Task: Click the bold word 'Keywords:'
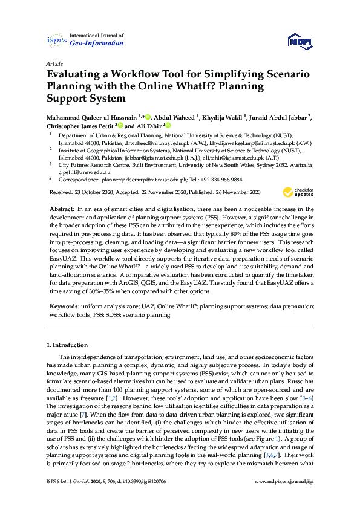(x=64, y=306)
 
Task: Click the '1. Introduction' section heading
(x=67, y=345)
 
